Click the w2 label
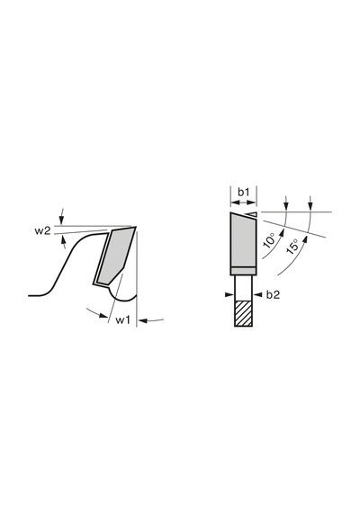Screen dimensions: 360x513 [x=43, y=230]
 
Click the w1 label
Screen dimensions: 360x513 [x=123, y=320]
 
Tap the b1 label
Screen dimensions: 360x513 [x=243, y=193]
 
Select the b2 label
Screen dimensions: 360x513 [x=273, y=295]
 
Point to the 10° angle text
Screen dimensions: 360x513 [x=270, y=241]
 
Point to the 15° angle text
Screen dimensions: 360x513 [x=292, y=247]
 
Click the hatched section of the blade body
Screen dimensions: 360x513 [x=243, y=313]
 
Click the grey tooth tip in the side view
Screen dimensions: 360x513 [x=114, y=256]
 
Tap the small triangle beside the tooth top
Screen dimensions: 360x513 [x=253, y=214]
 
